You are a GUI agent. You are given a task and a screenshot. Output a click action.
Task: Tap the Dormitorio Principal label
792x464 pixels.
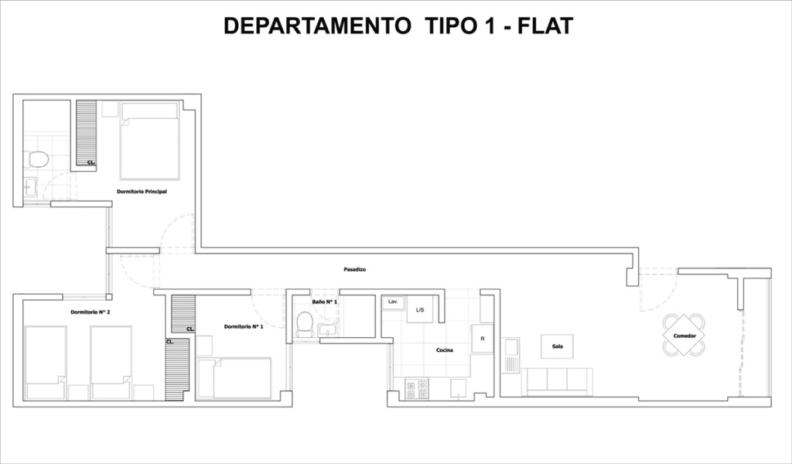pyautogui.click(x=142, y=192)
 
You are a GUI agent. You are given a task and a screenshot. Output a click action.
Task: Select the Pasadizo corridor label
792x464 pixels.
pyautogui.click(x=354, y=270)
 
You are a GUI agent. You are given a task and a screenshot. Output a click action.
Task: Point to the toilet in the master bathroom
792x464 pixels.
pyautogui.click(x=36, y=159)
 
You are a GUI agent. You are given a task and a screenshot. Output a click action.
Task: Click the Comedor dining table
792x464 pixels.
pyautogui.click(x=684, y=336)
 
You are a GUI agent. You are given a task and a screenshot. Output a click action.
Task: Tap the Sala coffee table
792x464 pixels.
pyautogui.click(x=557, y=346)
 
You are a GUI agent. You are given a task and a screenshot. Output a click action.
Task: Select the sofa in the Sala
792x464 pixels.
pyautogui.click(x=557, y=382)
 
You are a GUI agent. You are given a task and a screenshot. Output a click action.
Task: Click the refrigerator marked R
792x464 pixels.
pyautogui.click(x=482, y=339)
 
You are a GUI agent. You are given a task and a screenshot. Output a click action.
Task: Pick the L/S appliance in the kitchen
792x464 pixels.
pyautogui.click(x=420, y=309)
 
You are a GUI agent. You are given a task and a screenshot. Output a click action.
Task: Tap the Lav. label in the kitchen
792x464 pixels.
pyautogui.click(x=393, y=302)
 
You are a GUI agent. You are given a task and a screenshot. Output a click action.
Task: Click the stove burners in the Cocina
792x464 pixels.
pyautogui.click(x=417, y=389)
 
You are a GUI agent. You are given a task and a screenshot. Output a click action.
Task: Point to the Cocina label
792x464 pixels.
pyautogui.click(x=445, y=350)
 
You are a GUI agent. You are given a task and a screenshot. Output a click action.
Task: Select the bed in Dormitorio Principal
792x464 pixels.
pyautogui.click(x=149, y=141)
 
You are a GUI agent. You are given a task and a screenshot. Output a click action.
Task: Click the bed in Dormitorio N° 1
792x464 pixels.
pyautogui.click(x=234, y=378)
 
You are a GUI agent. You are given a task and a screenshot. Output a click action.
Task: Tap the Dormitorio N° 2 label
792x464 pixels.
pyautogui.click(x=90, y=312)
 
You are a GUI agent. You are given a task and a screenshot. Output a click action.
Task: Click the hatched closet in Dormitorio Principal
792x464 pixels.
pyautogui.click(x=87, y=133)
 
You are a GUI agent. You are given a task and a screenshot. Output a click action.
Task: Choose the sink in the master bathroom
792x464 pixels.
pyautogui.click(x=29, y=187)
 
